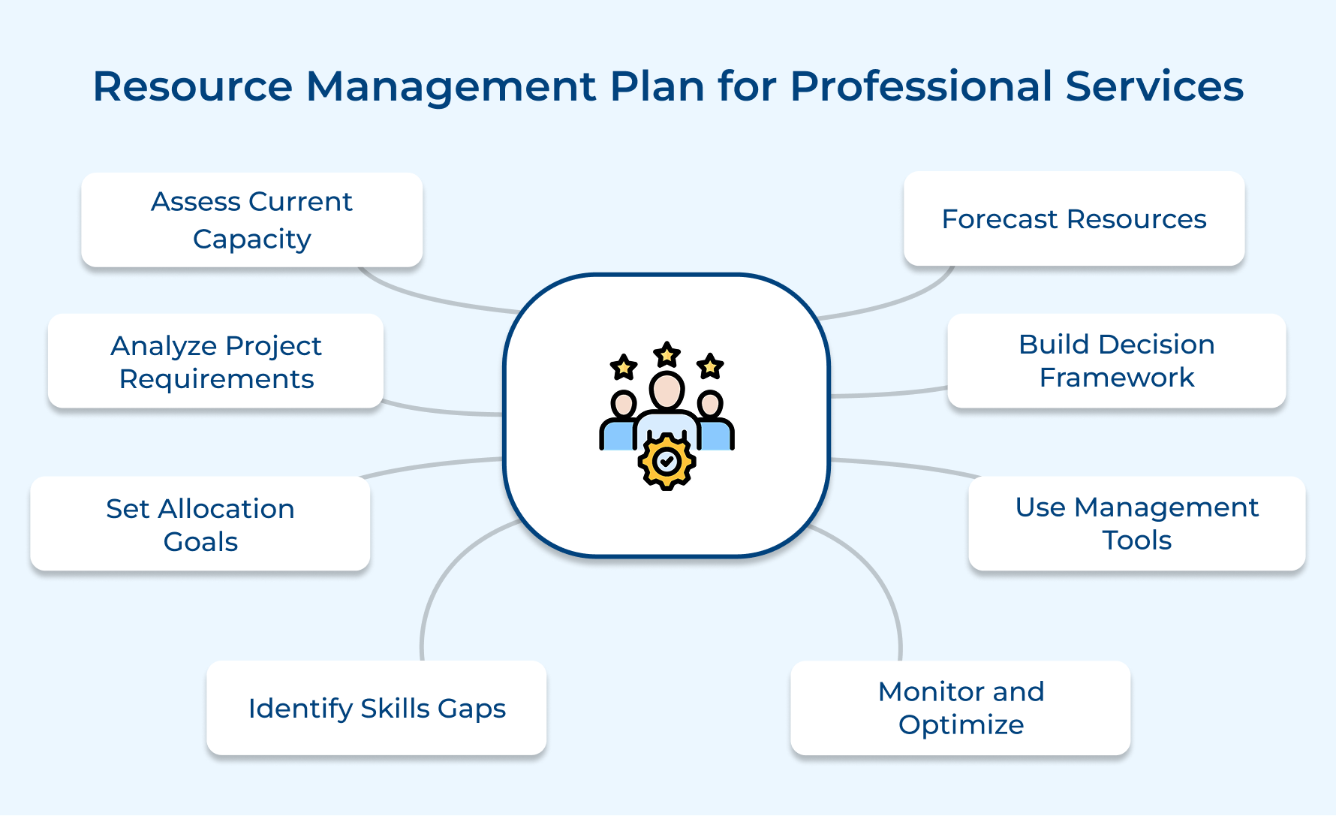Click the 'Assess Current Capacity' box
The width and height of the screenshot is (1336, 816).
click(x=251, y=220)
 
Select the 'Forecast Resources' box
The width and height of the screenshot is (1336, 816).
click(x=1074, y=219)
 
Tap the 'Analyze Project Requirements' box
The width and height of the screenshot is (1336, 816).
click(x=216, y=362)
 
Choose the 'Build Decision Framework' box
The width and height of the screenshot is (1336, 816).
click(x=1116, y=361)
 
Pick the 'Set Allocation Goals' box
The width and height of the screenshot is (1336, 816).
click(x=200, y=525)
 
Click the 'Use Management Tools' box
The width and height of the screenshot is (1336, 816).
click(x=1136, y=524)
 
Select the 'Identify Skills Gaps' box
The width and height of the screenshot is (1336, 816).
click(x=377, y=708)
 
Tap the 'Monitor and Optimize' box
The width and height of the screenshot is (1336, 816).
click(x=961, y=708)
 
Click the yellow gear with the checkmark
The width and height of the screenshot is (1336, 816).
click(x=666, y=462)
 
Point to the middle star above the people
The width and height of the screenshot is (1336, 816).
click(x=666, y=354)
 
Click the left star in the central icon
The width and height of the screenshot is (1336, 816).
click(x=624, y=367)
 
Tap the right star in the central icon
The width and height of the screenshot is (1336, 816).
click(x=710, y=366)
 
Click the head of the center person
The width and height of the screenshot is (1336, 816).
click(x=666, y=390)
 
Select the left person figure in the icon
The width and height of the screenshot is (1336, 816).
click(x=619, y=424)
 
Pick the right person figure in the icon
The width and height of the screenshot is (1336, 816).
click(x=714, y=424)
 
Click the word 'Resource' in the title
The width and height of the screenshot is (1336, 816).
click(x=192, y=86)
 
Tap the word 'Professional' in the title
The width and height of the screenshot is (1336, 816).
click(x=921, y=86)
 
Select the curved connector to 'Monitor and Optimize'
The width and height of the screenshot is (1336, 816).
click(x=886, y=593)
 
